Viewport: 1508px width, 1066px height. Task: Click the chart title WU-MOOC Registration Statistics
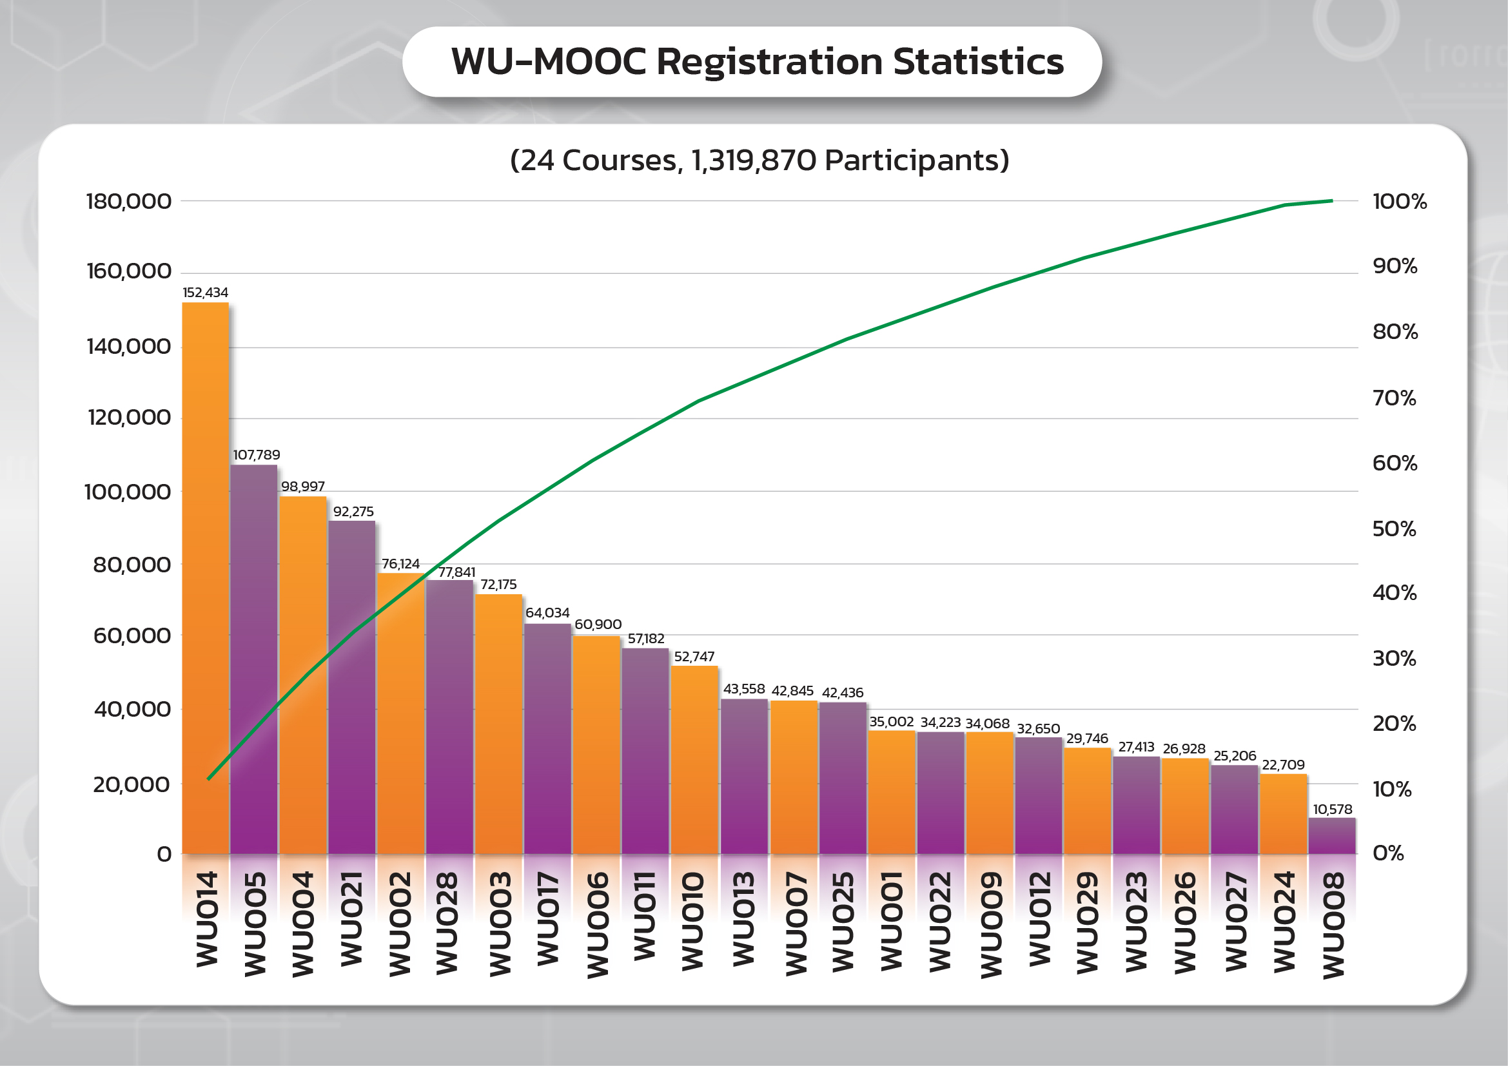coord(757,63)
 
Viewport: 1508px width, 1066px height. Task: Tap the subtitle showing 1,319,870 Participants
coord(759,160)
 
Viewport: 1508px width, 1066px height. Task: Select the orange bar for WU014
coord(206,577)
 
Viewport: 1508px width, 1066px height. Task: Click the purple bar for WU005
coord(254,659)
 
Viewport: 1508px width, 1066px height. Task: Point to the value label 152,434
coord(206,293)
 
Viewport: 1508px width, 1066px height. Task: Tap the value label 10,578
coord(1332,809)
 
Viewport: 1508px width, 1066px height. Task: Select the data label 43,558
coord(743,688)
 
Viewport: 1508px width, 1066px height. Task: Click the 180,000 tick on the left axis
coord(129,202)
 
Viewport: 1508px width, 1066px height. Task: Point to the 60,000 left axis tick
coord(132,635)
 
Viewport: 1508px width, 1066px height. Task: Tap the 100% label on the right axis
coord(1400,202)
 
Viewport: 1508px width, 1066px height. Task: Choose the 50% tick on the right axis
coord(1394,529)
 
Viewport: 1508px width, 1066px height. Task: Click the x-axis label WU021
coord(352,919)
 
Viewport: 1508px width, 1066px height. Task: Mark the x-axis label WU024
coord(1284,922)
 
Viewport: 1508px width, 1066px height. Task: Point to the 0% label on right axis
coord(1388,853)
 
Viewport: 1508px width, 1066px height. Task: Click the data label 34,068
coord(987,723)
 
